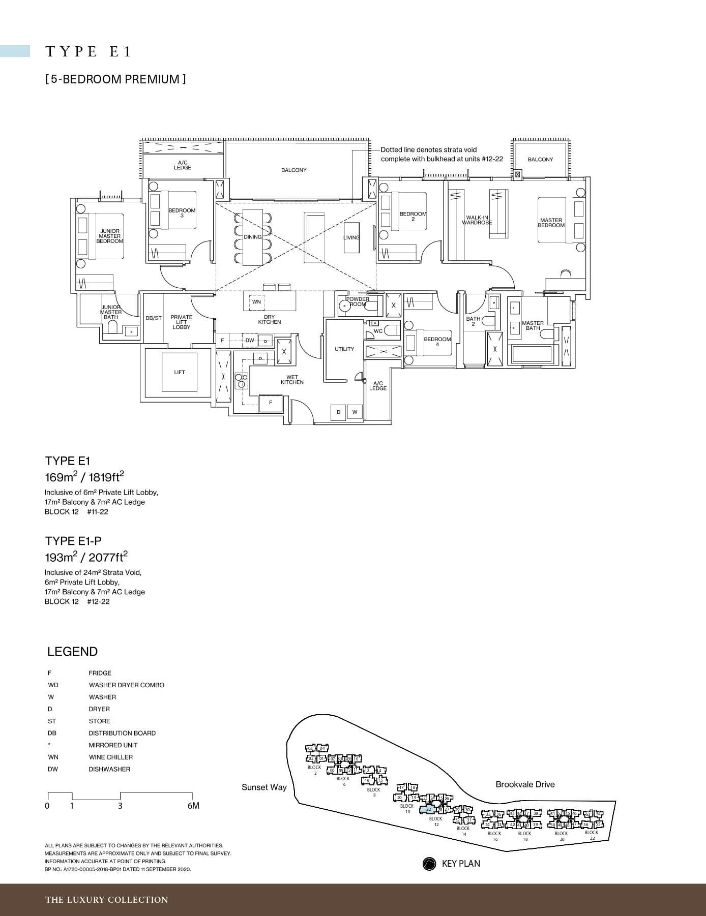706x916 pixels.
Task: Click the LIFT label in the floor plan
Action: click(180, 372)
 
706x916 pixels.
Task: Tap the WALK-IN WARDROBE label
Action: click(477, 220)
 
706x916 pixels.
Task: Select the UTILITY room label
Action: click(344, 349)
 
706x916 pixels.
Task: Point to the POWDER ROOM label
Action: click(358, 301)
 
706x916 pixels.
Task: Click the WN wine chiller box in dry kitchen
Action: click(256, 302)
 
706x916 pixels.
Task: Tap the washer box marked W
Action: click(355, 412)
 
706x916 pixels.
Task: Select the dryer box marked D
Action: click(338, 412)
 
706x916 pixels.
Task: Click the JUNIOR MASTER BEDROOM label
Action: click(110, 236)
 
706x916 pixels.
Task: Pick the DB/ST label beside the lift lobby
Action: click(153, 318)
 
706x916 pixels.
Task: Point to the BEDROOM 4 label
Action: click(437, 342)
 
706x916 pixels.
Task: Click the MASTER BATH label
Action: click(533, 325)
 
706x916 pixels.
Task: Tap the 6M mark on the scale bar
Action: click(193, 806)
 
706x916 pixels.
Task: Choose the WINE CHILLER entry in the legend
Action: click(110, 757)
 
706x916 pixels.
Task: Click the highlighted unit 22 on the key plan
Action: click(429, 809)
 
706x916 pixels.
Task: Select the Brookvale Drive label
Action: click(525, 784)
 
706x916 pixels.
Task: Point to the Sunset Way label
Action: click(264, 787)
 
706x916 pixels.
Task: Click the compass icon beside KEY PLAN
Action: click(429, 864)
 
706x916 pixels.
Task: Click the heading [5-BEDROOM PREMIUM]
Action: click(115, 79)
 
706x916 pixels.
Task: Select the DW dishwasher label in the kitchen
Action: click(250, 340)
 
